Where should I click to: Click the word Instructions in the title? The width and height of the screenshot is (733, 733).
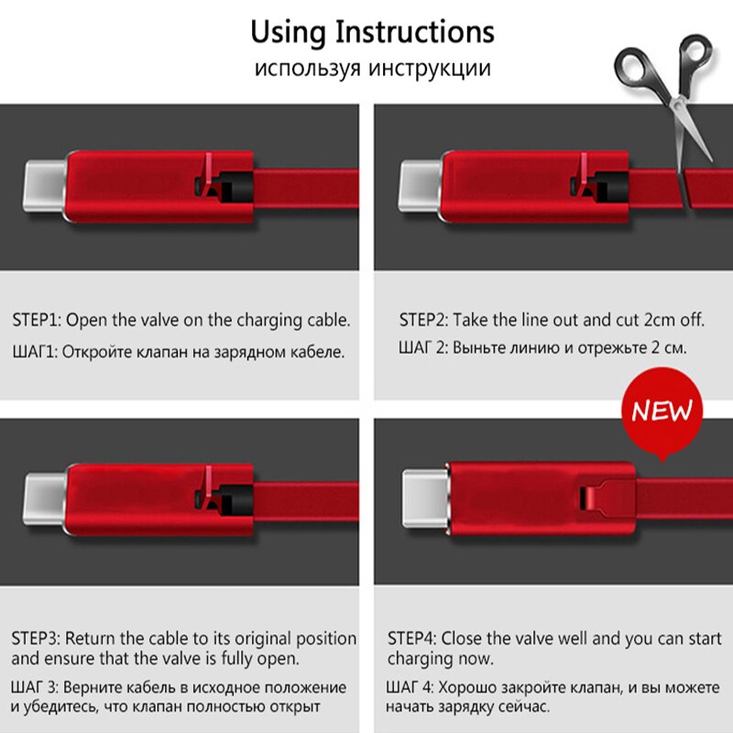(415, 32)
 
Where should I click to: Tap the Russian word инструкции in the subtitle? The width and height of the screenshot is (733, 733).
(430, 68)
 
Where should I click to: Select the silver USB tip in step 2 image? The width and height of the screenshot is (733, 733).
(420, 186)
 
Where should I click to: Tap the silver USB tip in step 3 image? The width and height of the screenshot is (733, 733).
(45, 499)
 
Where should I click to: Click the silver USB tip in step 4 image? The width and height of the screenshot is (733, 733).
(424, 498)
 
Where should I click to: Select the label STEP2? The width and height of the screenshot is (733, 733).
(423, 320)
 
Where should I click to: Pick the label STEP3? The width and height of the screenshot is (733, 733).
(36, 638)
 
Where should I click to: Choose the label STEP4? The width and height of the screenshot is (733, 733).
(411, 638)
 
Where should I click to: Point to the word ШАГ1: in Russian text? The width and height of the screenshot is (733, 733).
(35, 352)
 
